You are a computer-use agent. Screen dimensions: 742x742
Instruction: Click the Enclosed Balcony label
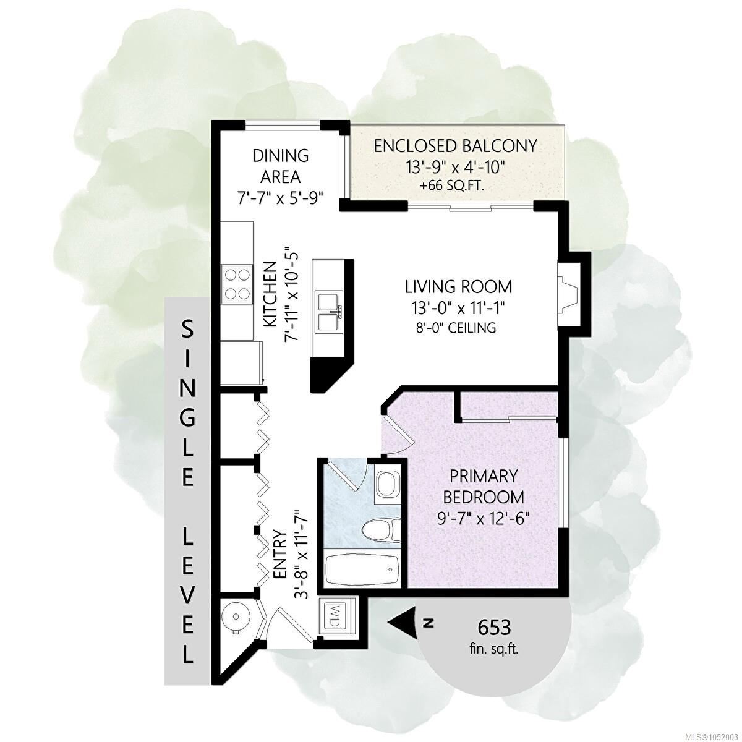455,147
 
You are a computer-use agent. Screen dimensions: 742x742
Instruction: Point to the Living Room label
458,287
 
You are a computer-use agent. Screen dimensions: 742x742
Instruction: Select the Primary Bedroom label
484,487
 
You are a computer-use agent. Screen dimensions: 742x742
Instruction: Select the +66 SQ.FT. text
453,187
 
